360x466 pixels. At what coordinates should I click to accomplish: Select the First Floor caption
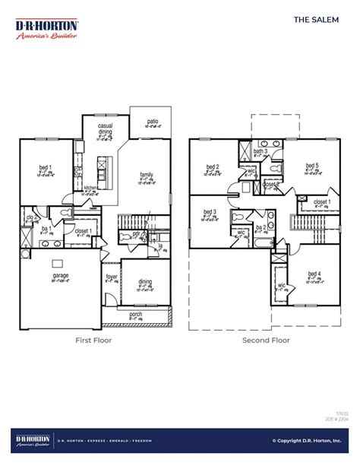pyautogui.click(x=93, y=340)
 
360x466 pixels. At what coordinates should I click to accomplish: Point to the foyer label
pyautogui.click(x=112, y=277)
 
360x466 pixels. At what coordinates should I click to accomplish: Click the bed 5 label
pyautogui.click(x=311, y=166)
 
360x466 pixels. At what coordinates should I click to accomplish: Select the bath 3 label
pyautogui.click(x=261, y=151)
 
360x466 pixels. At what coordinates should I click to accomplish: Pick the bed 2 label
pyautogui.click(x=212, y=166)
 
